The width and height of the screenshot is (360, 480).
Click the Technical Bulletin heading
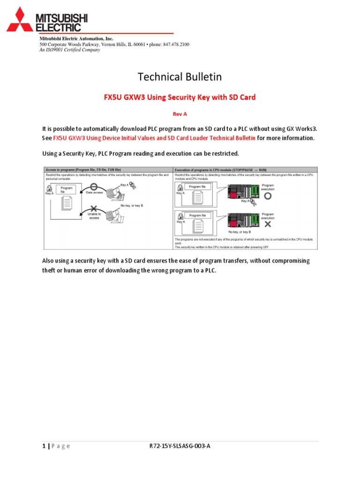[180, 76]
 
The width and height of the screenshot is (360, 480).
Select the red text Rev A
[180, 113]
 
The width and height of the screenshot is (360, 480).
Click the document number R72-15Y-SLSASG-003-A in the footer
[180, 446]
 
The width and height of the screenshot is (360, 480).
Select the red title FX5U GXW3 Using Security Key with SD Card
[180, 97]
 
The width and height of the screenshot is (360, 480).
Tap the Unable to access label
[93, 216]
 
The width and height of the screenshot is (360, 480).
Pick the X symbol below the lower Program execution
[268, 224]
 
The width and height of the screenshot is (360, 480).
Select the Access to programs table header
[82, 169]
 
